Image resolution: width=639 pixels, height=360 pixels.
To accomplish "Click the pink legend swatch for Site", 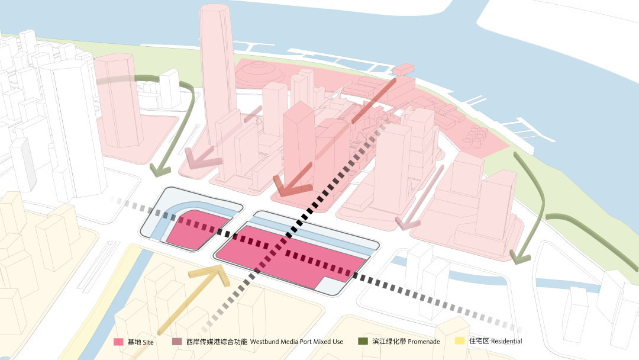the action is click(x=118, y=342).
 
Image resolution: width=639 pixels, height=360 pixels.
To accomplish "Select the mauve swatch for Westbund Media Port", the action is click(x=177, y=342).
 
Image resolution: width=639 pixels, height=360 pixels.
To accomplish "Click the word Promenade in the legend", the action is click(x=424, y=342).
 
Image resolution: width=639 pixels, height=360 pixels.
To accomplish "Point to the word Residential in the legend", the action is click(x=506, y=341).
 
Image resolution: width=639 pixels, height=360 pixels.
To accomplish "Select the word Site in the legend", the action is click(x=148, y=342).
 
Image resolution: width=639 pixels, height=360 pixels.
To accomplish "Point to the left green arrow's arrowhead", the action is click(x=159, y=169).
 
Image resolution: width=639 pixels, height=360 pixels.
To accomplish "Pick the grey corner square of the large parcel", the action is click(x=331, y=285).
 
